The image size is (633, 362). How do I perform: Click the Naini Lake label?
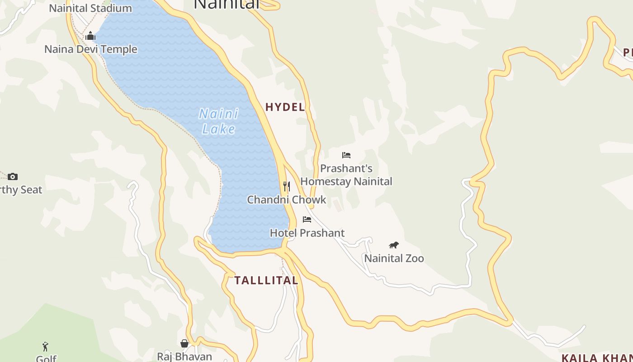click(219, 121)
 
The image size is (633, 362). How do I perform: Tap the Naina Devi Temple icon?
click(90, 36)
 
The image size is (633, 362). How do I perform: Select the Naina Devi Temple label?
click(90, 49)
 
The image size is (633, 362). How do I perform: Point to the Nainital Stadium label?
click(90, 8)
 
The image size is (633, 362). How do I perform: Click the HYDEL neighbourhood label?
click(285, 107)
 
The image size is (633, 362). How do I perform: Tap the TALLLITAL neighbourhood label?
click(266, 281)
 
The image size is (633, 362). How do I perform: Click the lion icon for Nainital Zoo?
click(394, 245)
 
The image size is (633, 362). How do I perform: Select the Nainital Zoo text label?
click(394, 258)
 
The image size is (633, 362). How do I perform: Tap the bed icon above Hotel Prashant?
click(307, 219)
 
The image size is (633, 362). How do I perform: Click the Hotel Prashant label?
click(307, 233)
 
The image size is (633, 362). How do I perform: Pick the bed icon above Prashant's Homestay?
click(346, 155)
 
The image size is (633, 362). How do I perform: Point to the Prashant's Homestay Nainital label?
click(346, 175)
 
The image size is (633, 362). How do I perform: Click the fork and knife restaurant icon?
click(286, 186)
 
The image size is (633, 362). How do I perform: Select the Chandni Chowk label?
click(286, 200)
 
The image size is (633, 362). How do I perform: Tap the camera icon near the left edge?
click(13, 176)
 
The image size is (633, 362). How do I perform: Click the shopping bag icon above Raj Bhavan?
click(184, 343)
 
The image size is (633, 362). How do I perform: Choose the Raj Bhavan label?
click(184, 357)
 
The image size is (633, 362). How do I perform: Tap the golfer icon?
click(45, 347)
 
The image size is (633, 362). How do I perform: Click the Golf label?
click(46, 358)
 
